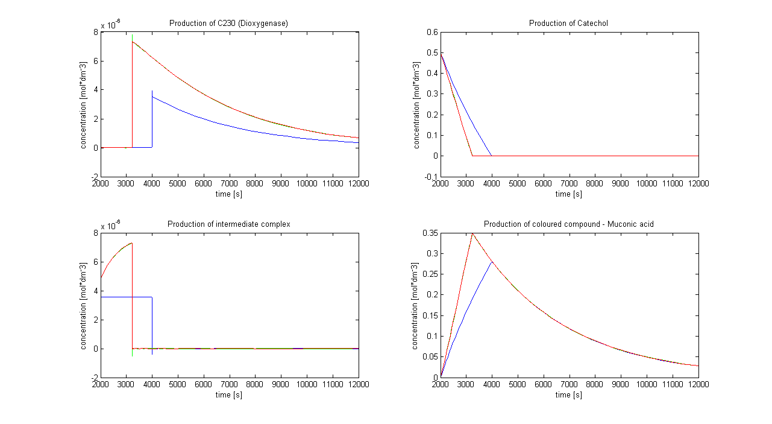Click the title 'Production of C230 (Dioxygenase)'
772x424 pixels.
click(228, 24)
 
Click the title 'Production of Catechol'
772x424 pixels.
click(568, 24)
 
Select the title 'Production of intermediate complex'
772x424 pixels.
click(228, 224)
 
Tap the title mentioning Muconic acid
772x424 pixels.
click(568, 224)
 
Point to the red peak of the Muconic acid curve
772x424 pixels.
click(472, 233)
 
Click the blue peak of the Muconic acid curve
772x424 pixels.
click(492, 261)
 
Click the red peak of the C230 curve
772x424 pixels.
click(132, 41)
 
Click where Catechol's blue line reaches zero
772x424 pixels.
click(492, 156)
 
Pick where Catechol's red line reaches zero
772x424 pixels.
click(472, 156)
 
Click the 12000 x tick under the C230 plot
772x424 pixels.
click(359, 183)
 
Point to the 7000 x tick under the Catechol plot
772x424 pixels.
click(569, 183)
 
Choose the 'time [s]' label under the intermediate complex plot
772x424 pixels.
click(229, 395)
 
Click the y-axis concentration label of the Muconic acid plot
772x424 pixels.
click(415, 306)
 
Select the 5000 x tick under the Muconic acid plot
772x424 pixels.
click(518, 384)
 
